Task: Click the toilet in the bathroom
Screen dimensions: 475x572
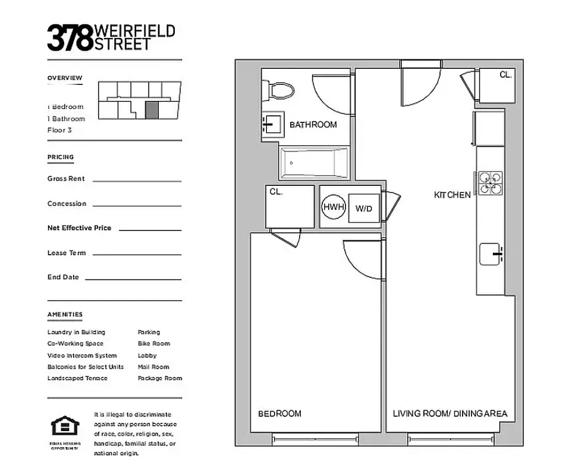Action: click(x=280, y=91)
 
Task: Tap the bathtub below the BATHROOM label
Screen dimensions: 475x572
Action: click(x=314, y=162)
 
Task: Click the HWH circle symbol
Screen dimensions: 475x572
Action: click(x=334, y=207)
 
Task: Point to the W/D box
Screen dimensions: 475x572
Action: click(x=363, y=208)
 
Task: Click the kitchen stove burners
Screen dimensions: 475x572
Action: click(x=491, y=183)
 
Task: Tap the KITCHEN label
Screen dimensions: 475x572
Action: click(x=452, y=195)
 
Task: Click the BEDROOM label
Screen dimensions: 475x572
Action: click(x=279, y=413)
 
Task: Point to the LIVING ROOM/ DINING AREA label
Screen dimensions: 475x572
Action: click(x=450, y=413)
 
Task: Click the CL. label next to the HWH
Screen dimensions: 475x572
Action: click(x=276, y=192)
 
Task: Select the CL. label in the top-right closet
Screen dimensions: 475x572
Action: click(x=505, y=75)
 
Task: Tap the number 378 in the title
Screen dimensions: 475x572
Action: click(x=70, y=37)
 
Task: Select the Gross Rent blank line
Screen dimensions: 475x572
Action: click(x=137, y=180)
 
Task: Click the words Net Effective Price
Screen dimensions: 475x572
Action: click(x=79, y=228)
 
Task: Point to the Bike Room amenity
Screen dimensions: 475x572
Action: click(x=153, y=343)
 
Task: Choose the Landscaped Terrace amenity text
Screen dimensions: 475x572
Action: click(x=77, y=378)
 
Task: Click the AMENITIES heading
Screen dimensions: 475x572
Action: click(x=65, y=314)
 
